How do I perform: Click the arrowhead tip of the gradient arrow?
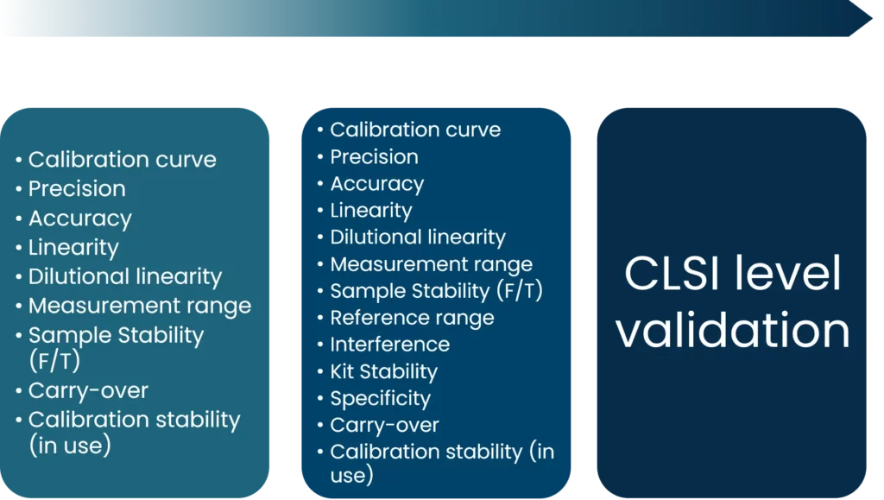point(872,18)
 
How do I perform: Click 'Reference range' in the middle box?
point(412,318)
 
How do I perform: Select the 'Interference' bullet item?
point(390,345)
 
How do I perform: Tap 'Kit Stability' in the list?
point(384,371)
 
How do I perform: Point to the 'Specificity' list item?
point(381,399)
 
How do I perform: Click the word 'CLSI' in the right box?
point(672,274)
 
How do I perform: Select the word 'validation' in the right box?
point(732,331)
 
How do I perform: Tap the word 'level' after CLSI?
point(787,273)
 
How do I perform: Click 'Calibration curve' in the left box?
point(123,160)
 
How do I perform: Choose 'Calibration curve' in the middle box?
point(415,130)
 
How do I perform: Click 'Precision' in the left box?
point(77,189)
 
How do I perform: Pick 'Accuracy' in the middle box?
point(377,184)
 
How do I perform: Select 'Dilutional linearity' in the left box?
point(125,277)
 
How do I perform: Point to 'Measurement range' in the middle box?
point(432,264)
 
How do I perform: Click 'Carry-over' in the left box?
point(89,390)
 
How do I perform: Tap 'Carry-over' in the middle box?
point(384,425)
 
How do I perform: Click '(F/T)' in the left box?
point(54,361)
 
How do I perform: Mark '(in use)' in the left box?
point(70,446)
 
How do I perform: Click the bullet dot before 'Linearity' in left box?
point(19,248)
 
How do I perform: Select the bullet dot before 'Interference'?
point(320,345)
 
